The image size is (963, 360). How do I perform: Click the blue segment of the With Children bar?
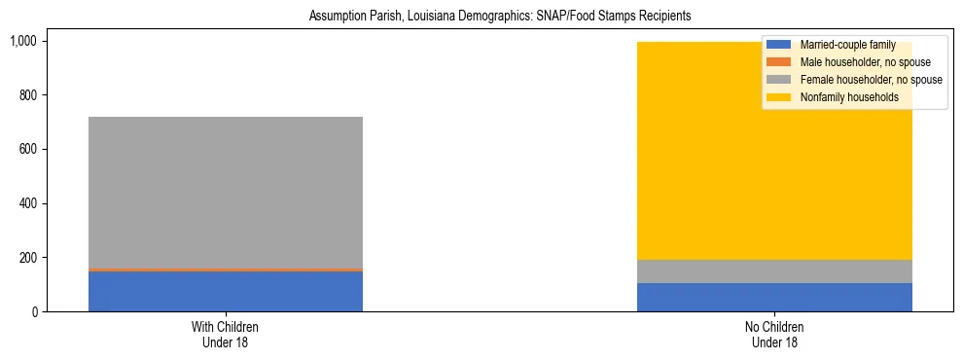226,291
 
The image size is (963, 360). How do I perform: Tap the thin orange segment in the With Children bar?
226,270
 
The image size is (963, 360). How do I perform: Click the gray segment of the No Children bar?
774,271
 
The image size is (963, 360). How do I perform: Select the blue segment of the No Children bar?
774,298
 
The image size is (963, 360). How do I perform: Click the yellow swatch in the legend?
779,97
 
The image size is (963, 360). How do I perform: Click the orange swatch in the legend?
779,62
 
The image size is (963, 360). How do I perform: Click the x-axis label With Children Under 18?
226,335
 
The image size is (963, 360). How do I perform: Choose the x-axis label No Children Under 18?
774,335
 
